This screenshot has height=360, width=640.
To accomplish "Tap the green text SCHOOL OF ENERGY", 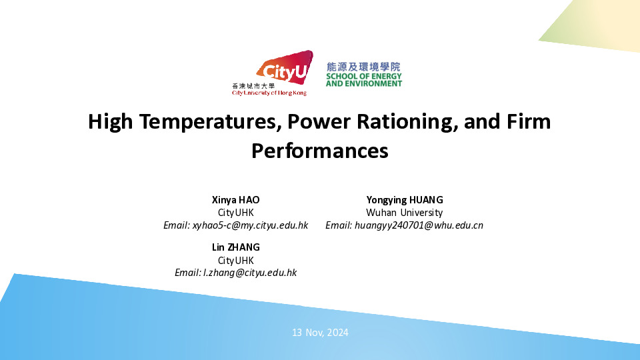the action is click(x=364, y=76).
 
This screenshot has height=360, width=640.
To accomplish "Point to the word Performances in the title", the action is click(x=319, y=151).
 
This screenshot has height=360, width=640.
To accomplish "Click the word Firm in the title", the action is click(x=529, y=121).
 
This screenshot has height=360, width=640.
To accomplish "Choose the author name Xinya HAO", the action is click(x=235, y=200).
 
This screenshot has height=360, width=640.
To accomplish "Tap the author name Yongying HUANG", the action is click(x=405, y=200).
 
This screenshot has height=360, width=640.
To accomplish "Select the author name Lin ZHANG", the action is click(x=235, y=247).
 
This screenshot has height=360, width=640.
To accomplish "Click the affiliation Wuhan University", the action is click(x=404, y=213).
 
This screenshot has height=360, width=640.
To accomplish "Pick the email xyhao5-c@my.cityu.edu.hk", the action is click(x=250, y=225).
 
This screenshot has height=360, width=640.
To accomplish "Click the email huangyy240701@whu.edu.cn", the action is click(x=419, y=225).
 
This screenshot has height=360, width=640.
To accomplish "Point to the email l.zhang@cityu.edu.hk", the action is click(x=250, y=273).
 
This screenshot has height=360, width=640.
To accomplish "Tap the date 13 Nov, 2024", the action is click(x=320, y=333).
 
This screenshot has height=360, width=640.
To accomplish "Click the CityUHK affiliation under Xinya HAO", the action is click(x=235, y=213).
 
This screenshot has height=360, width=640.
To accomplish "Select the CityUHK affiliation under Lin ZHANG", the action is click(x=235, y=261).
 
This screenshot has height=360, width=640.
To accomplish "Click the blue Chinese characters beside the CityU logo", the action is click(x=364, y=67).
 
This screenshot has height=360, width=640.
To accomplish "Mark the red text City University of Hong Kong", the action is click(x=269, y=93).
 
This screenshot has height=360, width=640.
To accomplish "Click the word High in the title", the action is click(x=110, y=121).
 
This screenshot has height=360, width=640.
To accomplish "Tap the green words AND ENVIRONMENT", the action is click(x=364, y=84).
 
